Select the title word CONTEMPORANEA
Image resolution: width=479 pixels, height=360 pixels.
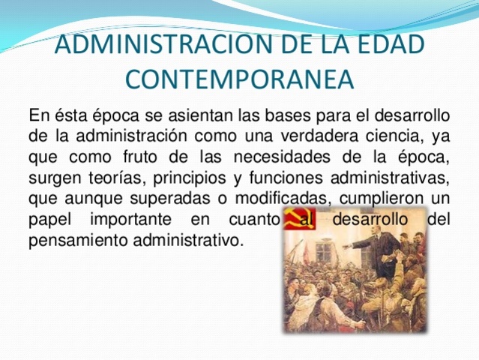(239, 78)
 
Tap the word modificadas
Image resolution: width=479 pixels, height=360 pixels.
(288, 201)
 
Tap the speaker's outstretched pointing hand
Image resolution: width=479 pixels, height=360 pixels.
(346, 244)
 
